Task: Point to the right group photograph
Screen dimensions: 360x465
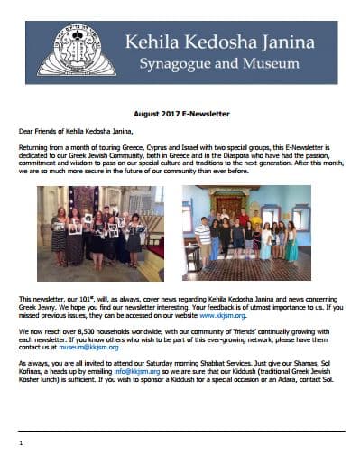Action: (x=246, y=231)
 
